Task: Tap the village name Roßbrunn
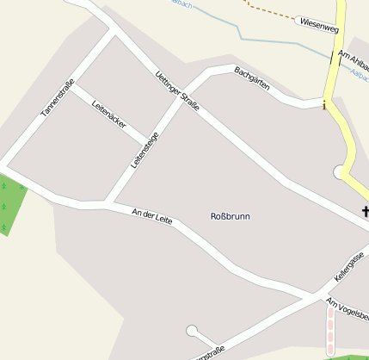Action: [x=230, y=216]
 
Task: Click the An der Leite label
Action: [x=152, y=216]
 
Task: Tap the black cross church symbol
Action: [x=365, y=211]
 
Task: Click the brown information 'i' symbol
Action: [x=324, y=106]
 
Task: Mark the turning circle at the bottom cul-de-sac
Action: [x=191, y=330]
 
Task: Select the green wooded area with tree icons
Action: [x=10, y=205]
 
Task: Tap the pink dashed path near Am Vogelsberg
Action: [x=331, y=332]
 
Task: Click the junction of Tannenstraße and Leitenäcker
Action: [x=71, y=85]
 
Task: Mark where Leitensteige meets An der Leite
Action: [x=108, y=203]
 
